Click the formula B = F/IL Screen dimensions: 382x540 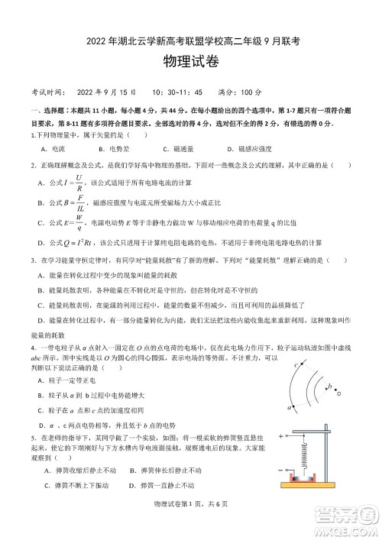[x=73, y=203]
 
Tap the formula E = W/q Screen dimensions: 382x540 [x=73, y=224]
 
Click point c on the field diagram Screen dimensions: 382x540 [x=295, y=366]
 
